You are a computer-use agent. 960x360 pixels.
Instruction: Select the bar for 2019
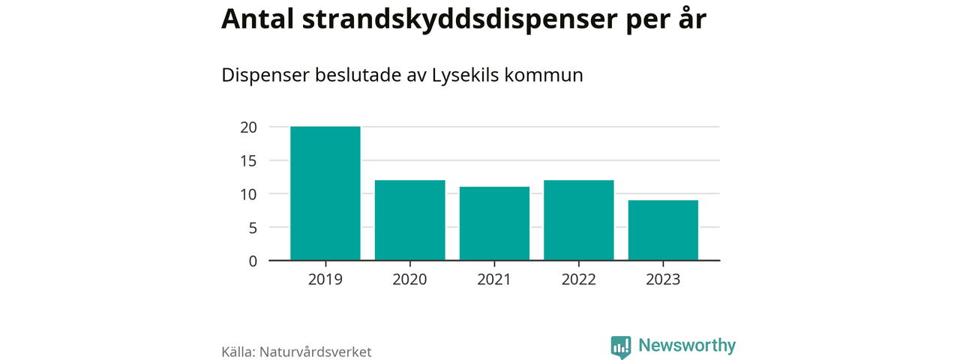click(325, 193)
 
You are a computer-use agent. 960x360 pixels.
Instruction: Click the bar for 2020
click(409, 220)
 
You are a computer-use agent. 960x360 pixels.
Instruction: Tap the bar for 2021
click(494, 223)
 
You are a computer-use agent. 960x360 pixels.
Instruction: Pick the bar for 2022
click(579, 220)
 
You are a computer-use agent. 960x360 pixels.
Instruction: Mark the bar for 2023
click(663, 230)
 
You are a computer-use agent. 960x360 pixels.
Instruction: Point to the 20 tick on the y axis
click(249, 127)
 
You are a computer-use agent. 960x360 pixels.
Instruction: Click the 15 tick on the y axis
click(249, 160)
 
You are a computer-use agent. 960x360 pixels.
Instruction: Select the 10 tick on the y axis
click(249, 194)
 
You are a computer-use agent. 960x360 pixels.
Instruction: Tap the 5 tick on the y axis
click(253, 227)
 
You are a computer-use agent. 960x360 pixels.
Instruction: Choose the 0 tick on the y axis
click(253, 261)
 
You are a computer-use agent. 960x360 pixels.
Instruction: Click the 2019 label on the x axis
click(325, 280)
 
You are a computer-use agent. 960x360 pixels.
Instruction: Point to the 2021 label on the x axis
click(494, 280)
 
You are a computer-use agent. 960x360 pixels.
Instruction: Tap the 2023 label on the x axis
click(663, 280)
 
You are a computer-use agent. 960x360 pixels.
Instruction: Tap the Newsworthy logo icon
click(621, 346)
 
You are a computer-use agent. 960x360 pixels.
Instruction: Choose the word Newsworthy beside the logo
click(687, 346)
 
